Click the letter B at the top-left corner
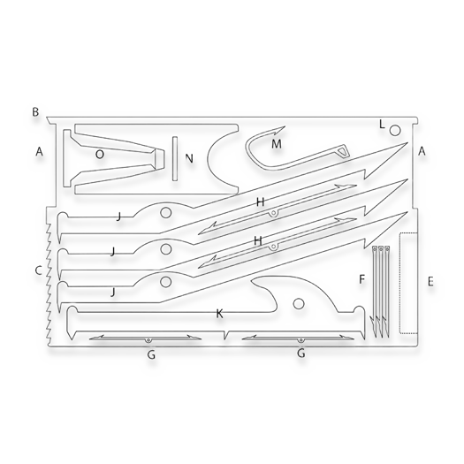click(x=35, y=112)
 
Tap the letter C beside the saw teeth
click(x=39, y=270)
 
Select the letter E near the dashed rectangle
click(x=430, y=281)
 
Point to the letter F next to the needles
click(x=361, y=279)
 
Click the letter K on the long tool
click(x=219, y=314)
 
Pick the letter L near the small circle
click(x=382, y=125)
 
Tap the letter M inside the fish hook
click(x=277, y=144)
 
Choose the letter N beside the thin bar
click(x=189, y=158)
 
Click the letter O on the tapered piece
click(x=100, y=154)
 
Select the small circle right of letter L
click(x=395, y=130)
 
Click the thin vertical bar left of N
click(x=175, y=158)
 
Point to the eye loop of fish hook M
click(x=343, y=151)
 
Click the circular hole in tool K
click(x=299, y=304)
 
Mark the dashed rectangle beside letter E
click(x=408, y=283)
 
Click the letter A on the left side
click(x=39, y=151)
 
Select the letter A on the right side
click(x=422, y=151)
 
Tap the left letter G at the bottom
click(x=151, y=354)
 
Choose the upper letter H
click(x=260, y=202)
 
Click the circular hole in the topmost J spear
click(x=166, y=212)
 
